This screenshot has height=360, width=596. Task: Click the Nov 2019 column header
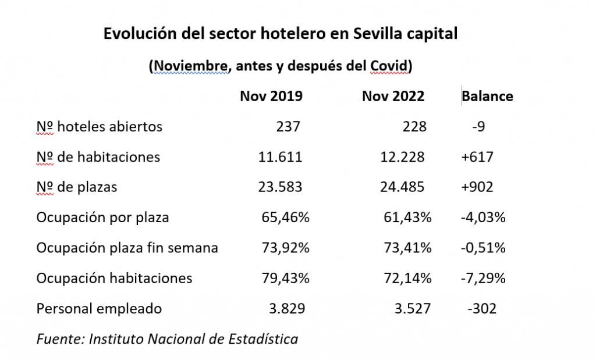tap(271, 96)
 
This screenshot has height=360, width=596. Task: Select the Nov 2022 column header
tap(393, 96)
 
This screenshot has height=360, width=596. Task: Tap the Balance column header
tap(487, 96)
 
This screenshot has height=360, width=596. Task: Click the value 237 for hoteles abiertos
tap(288, 126)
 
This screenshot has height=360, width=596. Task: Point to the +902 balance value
tap(476, 187)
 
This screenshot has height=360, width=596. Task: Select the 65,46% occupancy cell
tap(286, 218)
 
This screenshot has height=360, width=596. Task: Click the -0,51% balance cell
tap(483, 248)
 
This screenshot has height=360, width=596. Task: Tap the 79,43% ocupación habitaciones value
tap(286, 279)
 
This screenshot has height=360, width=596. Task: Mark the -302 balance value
tap(481, 309)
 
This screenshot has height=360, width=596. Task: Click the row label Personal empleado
tap(99, 309)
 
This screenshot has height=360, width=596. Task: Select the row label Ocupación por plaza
tap(102, 218)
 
